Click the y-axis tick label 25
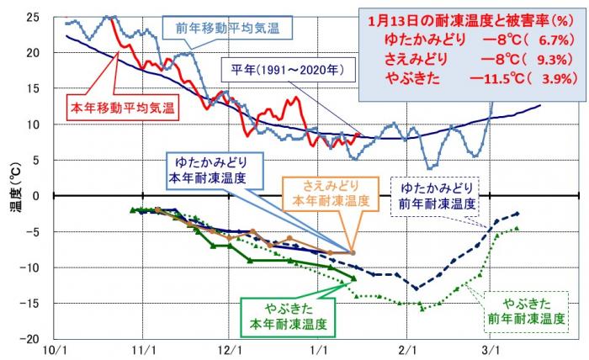[x=31, y=17]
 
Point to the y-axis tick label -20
[x=29, y=339]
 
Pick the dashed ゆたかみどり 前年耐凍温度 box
[x=436, y=195]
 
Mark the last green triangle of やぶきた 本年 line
[x=353, y=278]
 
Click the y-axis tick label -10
[x=29, y=267]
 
